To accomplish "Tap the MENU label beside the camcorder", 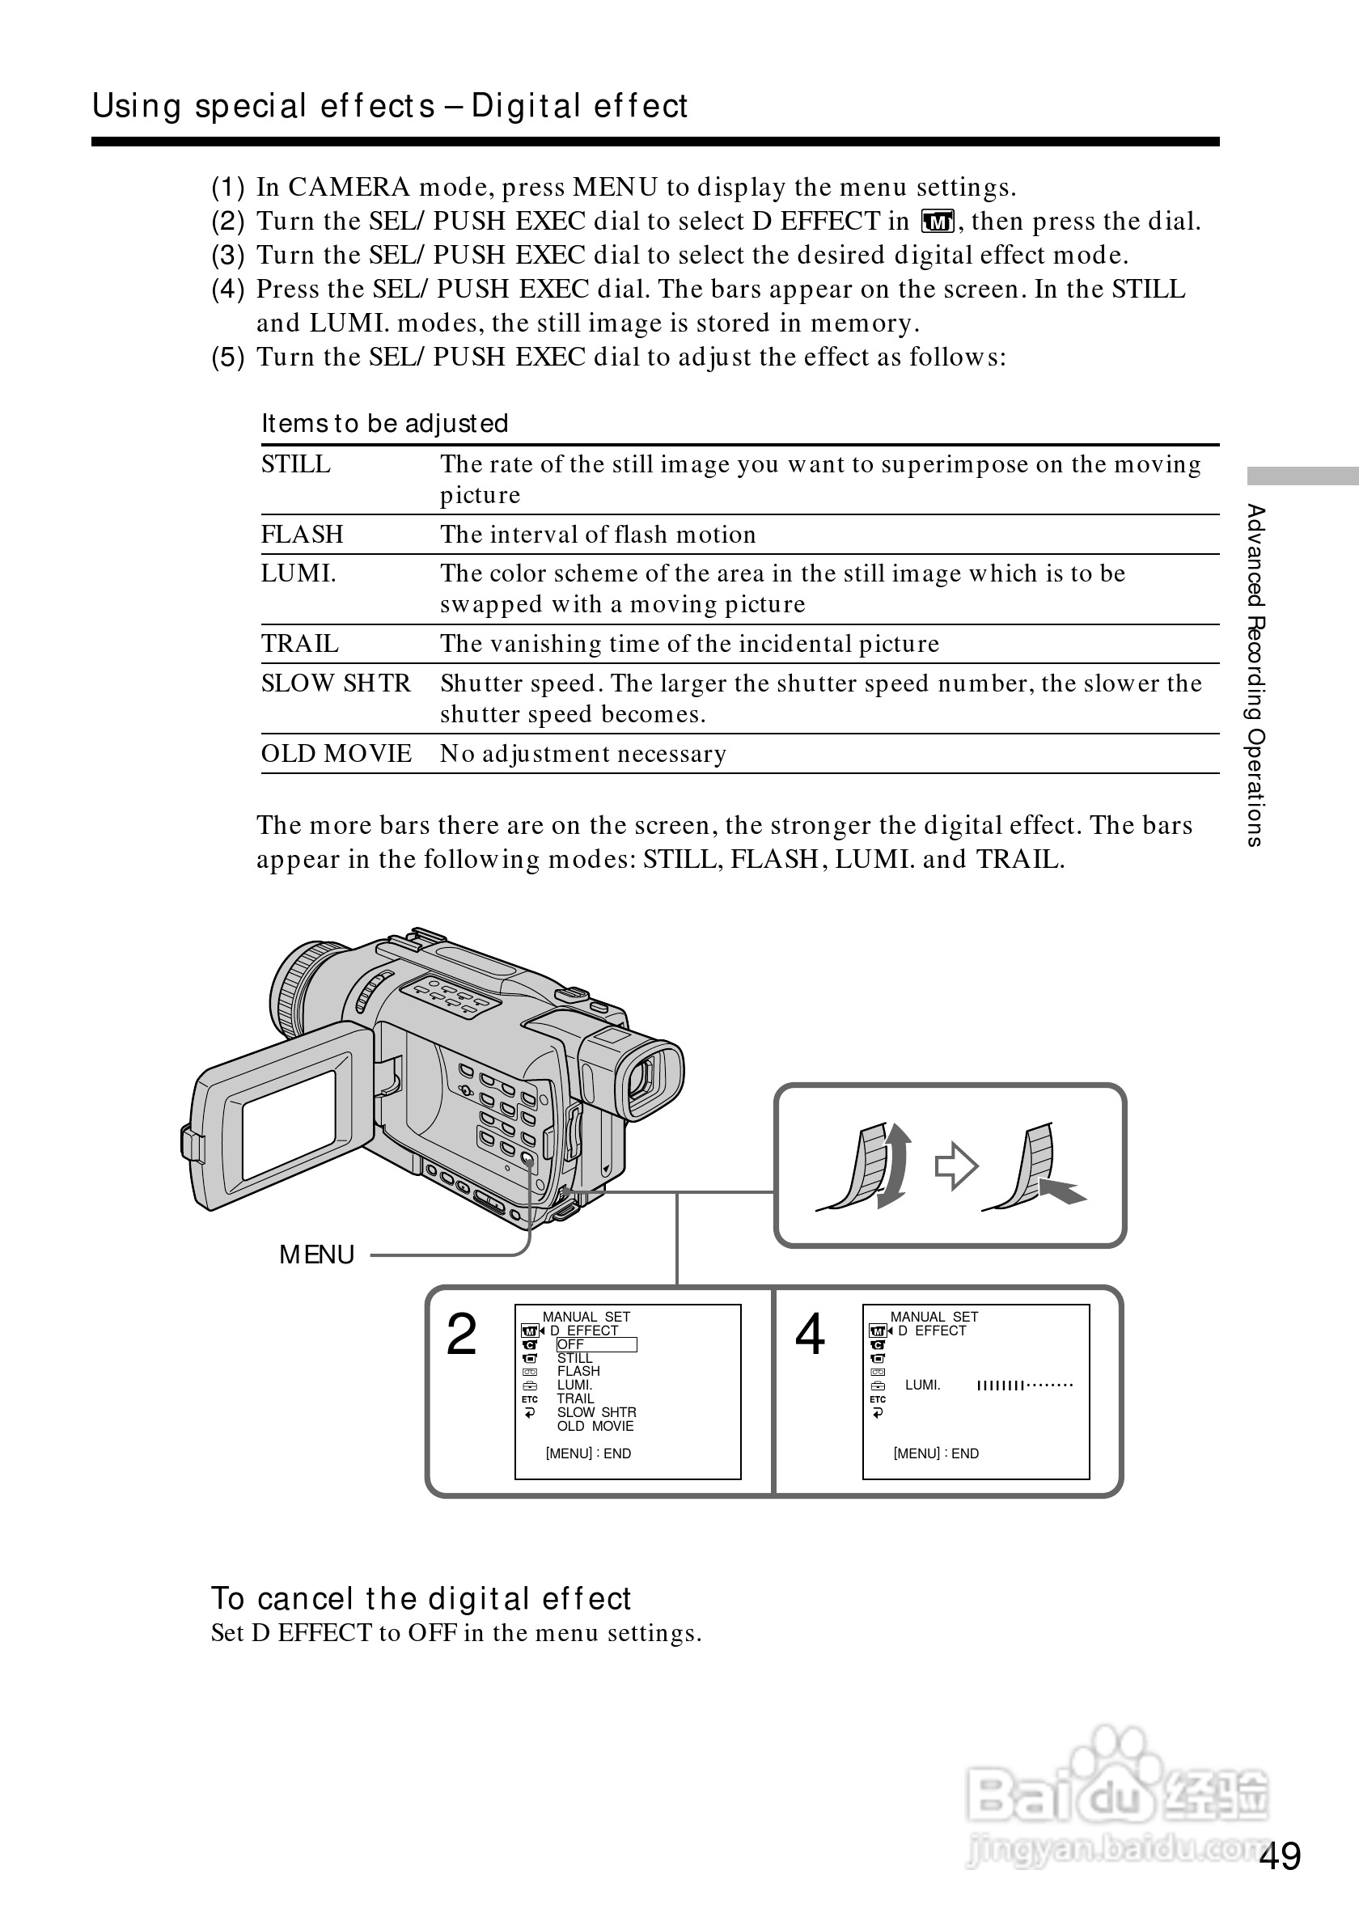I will point(317,1255).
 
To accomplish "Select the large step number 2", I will point(461,1335).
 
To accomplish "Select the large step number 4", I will point(809,1335).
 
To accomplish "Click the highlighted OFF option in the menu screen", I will point(596,1345).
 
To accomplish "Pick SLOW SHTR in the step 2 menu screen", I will point(596,1413).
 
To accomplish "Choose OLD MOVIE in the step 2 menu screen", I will point(595,1426).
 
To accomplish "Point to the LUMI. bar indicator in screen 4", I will point(1024,1386).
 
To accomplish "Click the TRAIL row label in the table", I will point(299,644).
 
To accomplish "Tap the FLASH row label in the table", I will point(302,535).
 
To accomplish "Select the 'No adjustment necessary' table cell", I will point(583,754).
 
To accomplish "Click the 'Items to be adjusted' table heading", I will point(385,423).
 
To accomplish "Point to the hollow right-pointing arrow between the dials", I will point(955,1166).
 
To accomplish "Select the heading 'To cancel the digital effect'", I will point(421,1599).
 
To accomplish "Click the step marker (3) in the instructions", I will point(227,255).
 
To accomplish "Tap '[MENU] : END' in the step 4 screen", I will point(936,1453).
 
